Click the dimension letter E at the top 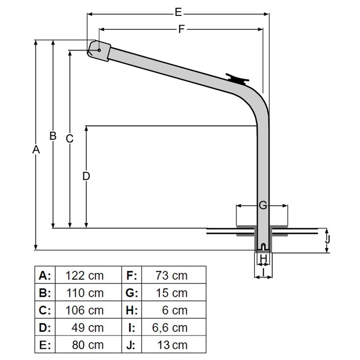[178, 11]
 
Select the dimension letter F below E [181, 29]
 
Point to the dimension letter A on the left [35, 150]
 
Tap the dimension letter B [52, 136]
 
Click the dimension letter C [70, 138]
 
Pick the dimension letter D [86, 176]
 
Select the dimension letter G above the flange [262, 206]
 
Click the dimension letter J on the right [328, 239]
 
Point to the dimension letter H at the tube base [263, 258]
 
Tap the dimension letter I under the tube [263, 269]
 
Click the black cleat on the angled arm [238, 79]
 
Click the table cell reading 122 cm [84, 276]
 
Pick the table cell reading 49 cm [84, 327]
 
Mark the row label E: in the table [45, 345]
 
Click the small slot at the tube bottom [263, 246]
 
